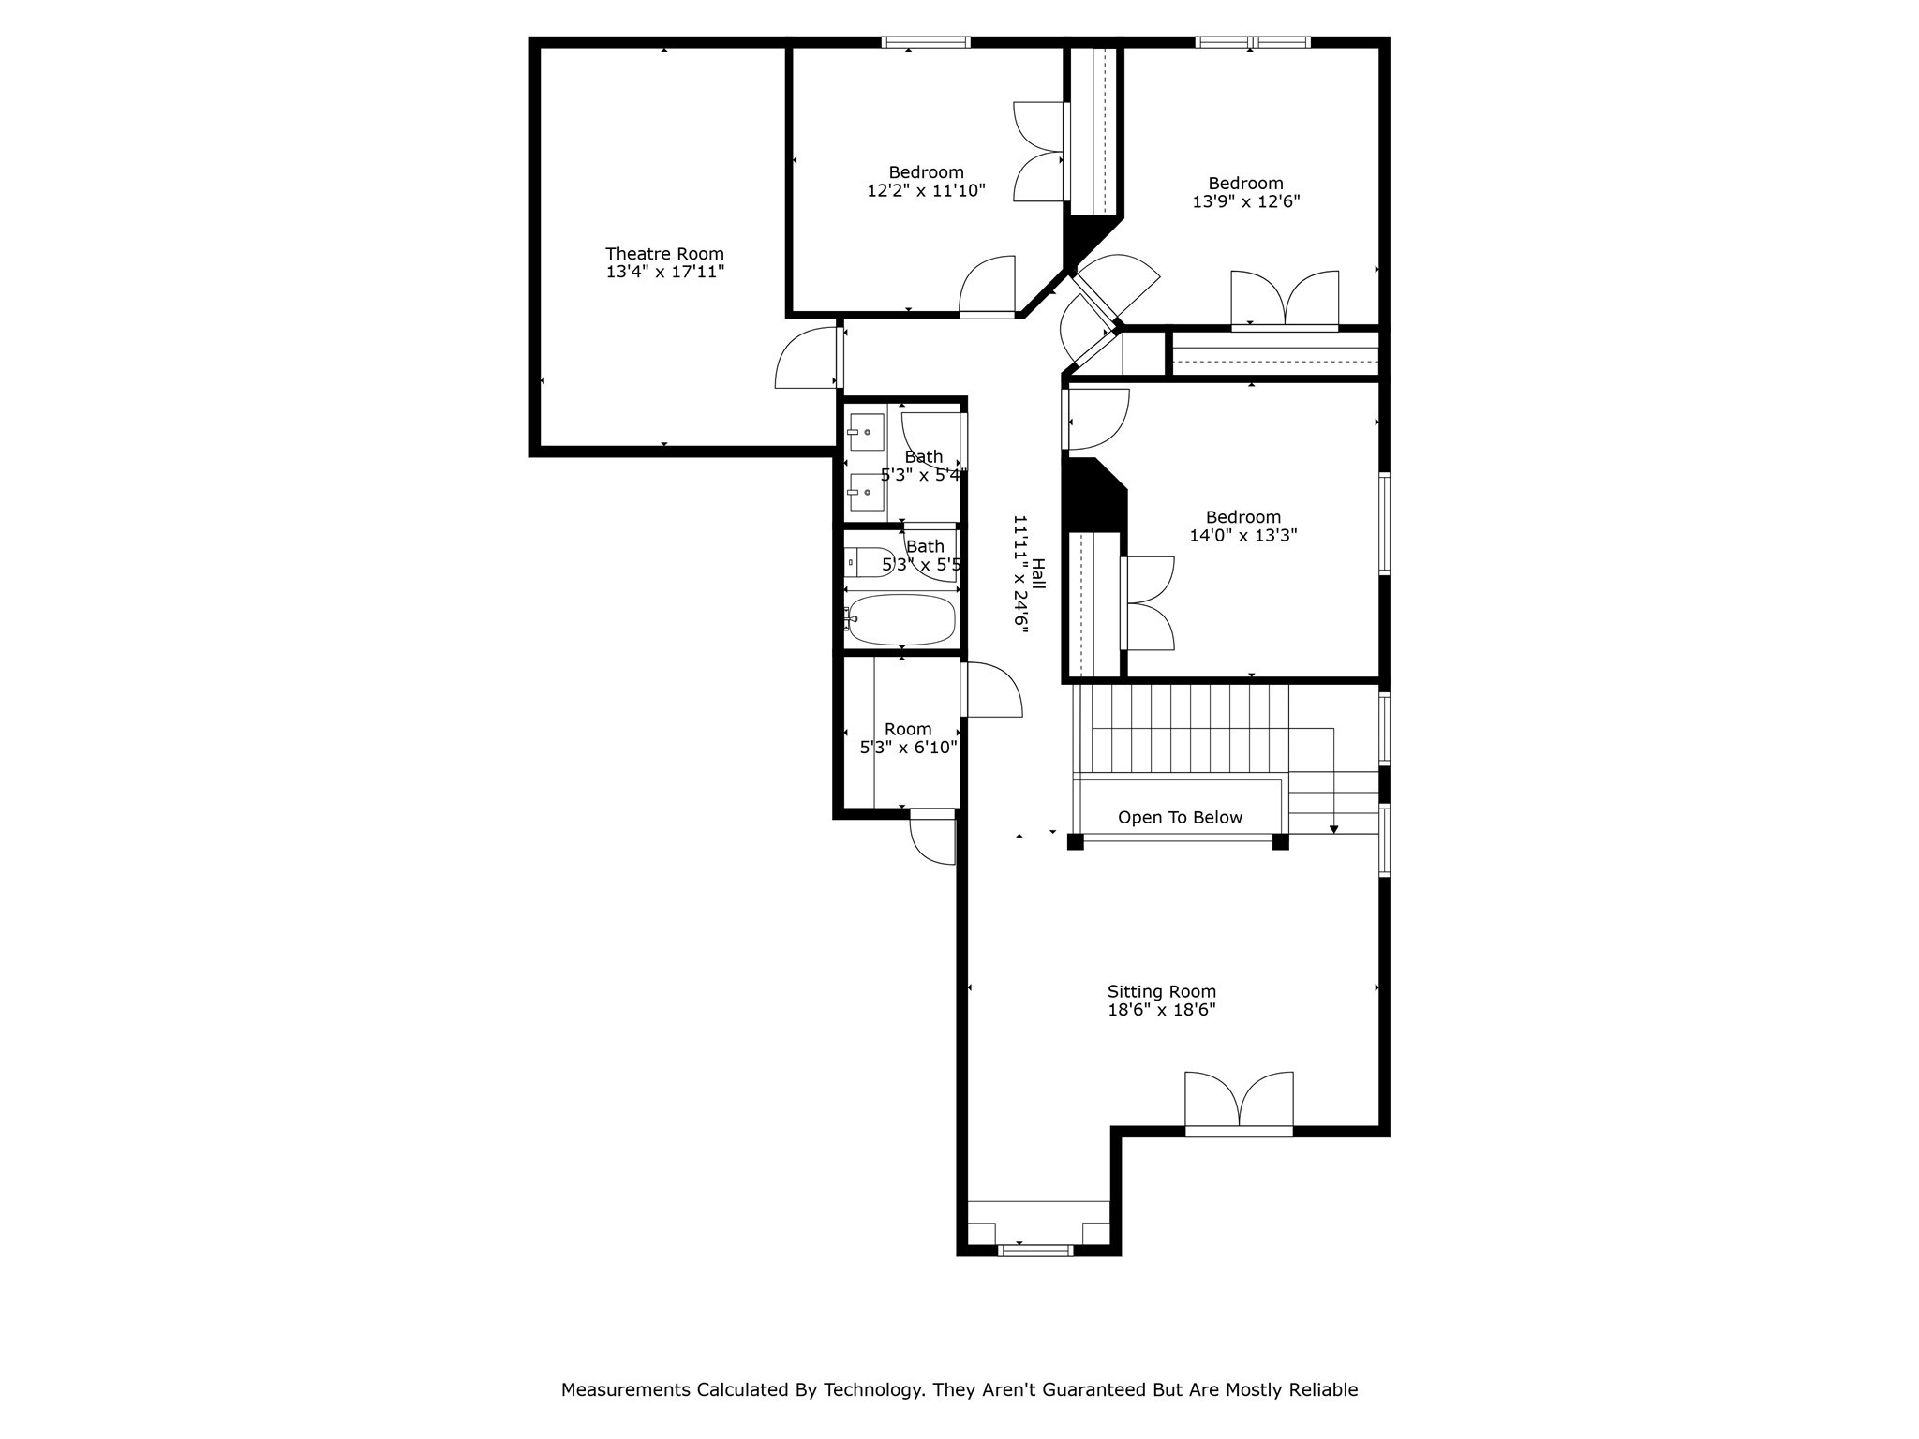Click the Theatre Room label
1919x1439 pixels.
(664, 254)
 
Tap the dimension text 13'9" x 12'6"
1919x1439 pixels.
(1245, 201)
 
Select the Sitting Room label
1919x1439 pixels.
(1161, 991)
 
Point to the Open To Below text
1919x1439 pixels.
(1180, 818)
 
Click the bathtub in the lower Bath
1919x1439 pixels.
(901, 619)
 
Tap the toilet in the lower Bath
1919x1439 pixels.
(868, 562)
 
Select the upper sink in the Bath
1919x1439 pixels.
(866, 432)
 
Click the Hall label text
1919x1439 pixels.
(1037, 574)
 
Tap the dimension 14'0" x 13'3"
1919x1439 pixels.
(1242, 536)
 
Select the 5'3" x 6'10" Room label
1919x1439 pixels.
(908, 730)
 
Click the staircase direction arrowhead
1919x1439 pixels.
(1333, 829)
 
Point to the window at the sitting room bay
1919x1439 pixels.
(1035, 1250)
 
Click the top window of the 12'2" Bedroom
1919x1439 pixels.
(926, 42)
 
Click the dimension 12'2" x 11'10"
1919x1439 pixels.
(926, 191)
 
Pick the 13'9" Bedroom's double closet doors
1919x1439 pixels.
(1285, 300)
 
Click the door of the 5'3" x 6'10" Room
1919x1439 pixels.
(990, 690)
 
